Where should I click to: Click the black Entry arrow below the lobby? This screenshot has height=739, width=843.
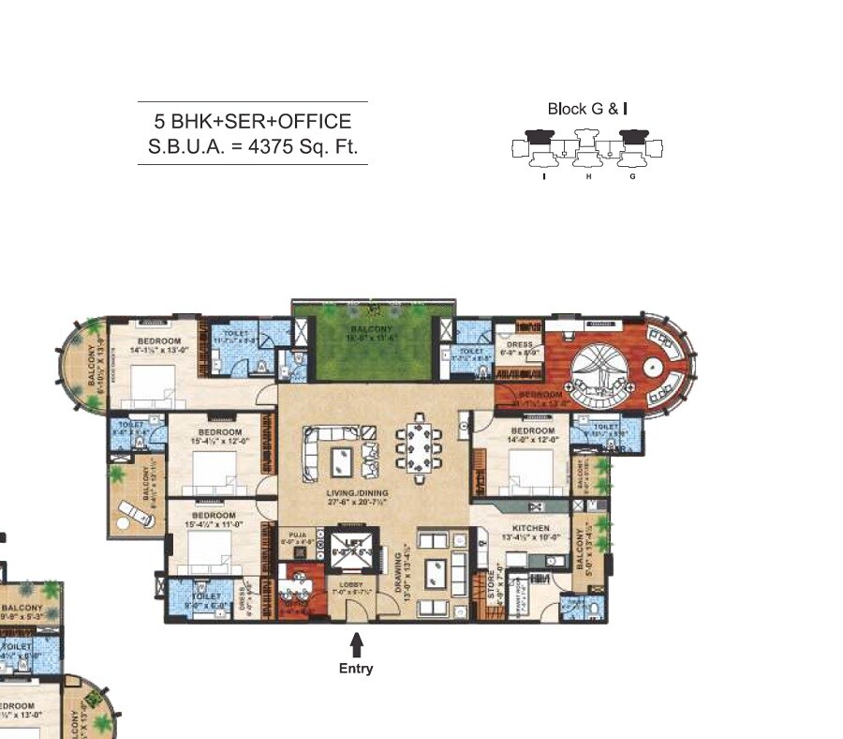[x=356, y=645]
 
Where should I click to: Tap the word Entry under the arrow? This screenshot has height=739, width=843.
[x=356, y=669]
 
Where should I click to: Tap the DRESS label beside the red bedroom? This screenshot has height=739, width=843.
[x=518, y=345]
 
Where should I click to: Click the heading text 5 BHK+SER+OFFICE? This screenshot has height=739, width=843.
[x=253, y=122]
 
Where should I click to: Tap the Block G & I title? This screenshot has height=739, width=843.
[x=587, y=109]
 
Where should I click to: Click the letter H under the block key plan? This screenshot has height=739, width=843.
[x=588, y=175]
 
